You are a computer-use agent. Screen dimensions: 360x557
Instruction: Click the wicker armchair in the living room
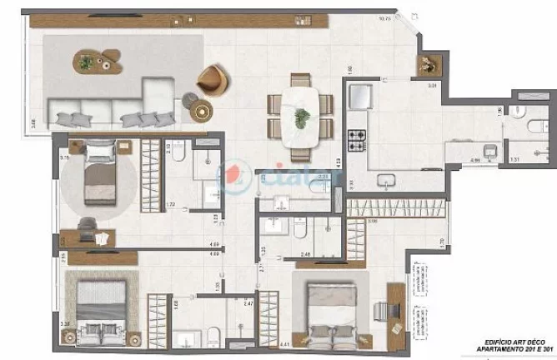click(x=211, y=79)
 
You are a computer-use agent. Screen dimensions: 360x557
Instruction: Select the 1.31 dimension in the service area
click(x=514, y=158)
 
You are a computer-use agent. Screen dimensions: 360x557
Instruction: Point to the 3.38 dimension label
click(x=64, y=323)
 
